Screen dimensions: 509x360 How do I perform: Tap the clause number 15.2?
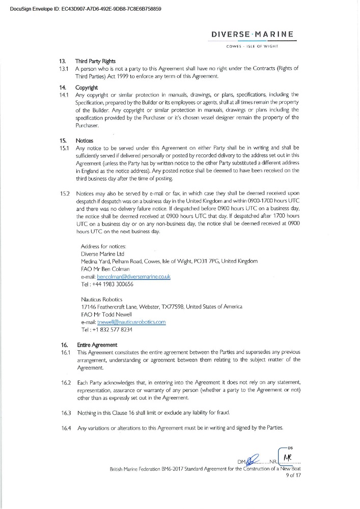click(64, 194)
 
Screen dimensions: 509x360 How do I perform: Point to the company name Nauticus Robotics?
click(102, 299)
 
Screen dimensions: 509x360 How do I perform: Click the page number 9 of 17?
click(294, 476)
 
